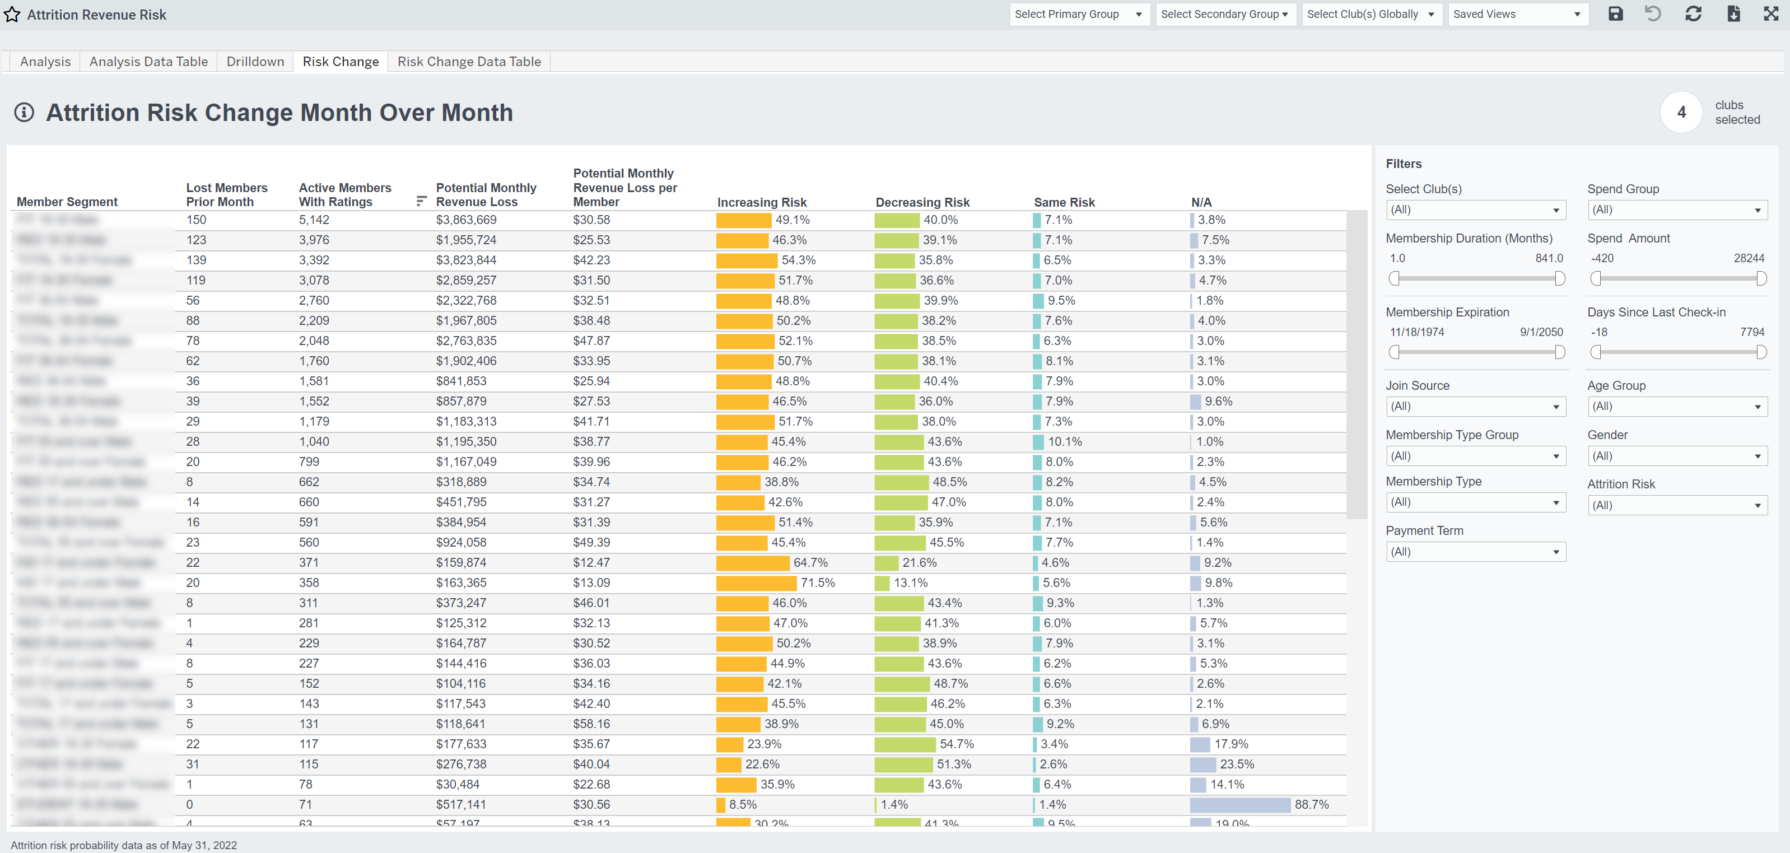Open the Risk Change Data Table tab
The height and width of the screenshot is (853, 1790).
pos(468,62)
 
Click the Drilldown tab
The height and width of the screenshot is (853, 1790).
pos(255,62)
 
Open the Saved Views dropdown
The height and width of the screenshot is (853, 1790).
pos(1517,15)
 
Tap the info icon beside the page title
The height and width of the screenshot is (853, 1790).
pos(24,113)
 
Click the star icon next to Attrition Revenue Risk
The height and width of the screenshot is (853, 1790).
pos(12,15)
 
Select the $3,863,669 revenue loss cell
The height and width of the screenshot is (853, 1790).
pos(465,220)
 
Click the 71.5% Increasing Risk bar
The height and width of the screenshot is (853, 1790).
pos(756,584)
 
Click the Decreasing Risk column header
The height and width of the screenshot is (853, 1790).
pos(921,203)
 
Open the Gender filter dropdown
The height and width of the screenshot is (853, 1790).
pos(1677,456)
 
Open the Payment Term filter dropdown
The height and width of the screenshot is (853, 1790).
pos(1475,552)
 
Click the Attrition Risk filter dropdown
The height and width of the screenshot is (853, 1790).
pos(1677,506)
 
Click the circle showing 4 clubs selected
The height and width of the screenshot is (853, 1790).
pos(1680,113)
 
